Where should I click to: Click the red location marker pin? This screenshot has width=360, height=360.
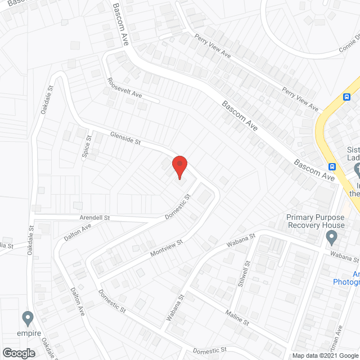(x=179, y=166)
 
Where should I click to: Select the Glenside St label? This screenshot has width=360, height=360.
(x=125, y=138)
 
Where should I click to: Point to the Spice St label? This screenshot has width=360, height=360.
(x=88, y=147)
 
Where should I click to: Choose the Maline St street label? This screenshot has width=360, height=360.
(x=237, y=317)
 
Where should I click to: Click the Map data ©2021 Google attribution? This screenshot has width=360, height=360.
(x=325, y=355)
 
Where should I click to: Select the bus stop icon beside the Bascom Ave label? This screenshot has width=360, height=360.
(x=332, y=166)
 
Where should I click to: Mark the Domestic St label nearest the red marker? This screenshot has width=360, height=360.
(x=178, y=207)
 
